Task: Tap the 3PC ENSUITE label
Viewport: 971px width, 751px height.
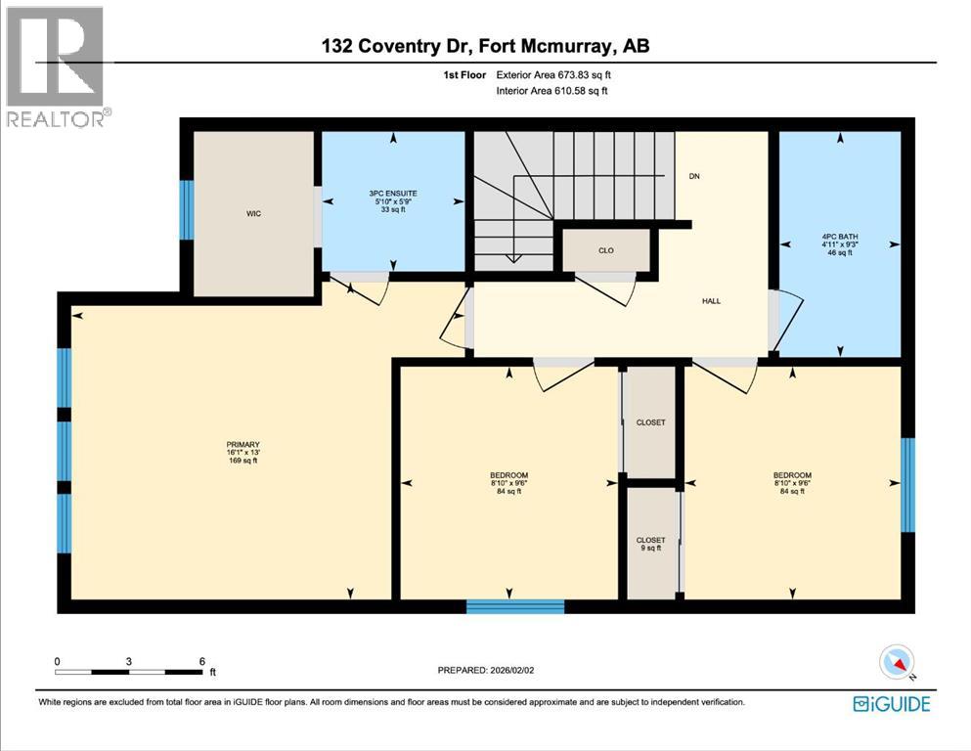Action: (x=393, y=195)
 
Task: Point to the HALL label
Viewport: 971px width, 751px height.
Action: (x=711, y=300)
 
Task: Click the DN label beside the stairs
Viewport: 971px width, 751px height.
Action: (x=694, y=176)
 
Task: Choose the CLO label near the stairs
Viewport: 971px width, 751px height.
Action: (x=606, y=250)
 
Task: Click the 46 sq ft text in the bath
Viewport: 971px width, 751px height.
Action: (x=837, y=252)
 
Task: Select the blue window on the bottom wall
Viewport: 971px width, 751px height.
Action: (x=515, y=607)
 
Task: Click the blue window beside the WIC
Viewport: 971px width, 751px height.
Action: (x=187, y=209)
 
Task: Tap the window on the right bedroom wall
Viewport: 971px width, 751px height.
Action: (x=907, y=485)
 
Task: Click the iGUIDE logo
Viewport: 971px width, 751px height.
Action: (x=891, y=704)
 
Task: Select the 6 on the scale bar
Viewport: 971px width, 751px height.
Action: (x=201, y=661)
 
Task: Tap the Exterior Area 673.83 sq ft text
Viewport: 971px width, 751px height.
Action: (x=557, y=74)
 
